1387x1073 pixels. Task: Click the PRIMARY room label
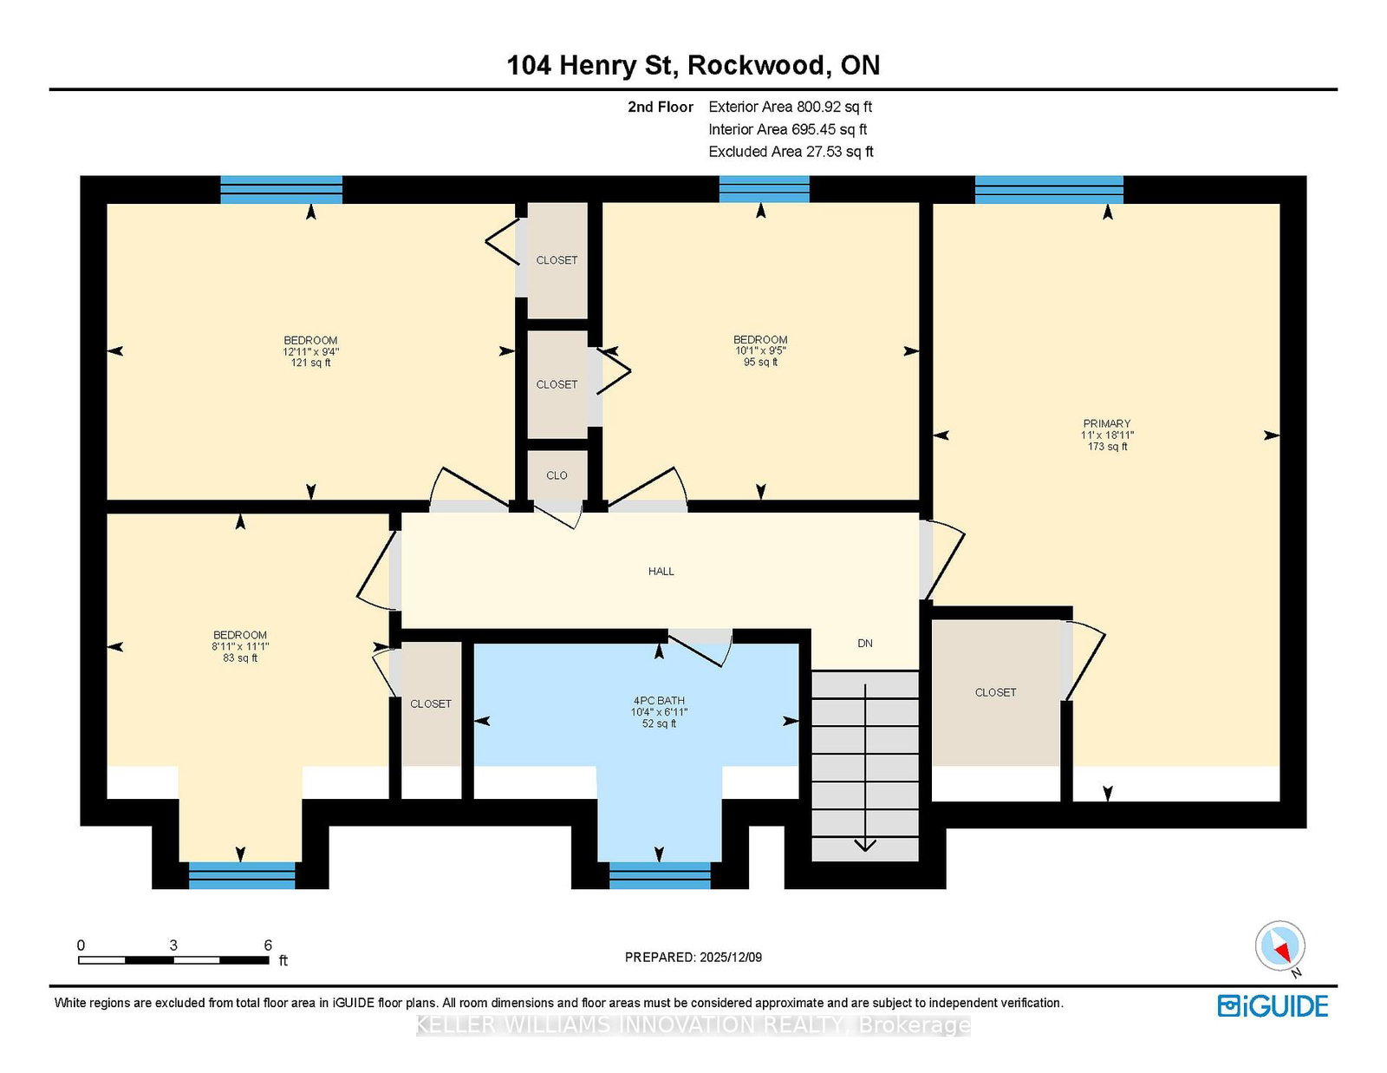point(1106,423)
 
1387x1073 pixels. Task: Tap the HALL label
point(661,571)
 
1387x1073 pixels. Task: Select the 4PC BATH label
point(659,700)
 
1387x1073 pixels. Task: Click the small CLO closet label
point(557,475)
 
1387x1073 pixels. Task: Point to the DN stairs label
point(864,643)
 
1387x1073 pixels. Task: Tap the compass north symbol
point(1280,946)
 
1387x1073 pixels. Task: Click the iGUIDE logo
point(1273,1006)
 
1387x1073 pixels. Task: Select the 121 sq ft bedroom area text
point(310,363)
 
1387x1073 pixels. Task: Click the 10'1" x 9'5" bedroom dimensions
point(760,351)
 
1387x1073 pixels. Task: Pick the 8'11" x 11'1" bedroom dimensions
point(240,646)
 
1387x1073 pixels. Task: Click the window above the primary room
point(1049,189)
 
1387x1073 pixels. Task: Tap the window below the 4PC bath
point(660,875)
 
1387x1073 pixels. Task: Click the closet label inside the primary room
point(995,692)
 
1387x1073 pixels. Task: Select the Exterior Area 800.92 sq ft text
point(790,107)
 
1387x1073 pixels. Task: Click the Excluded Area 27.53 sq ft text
point(791,152)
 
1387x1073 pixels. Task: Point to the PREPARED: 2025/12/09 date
point(693,957)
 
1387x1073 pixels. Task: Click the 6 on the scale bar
point(268,945)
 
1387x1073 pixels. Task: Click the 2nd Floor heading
point(661,107)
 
